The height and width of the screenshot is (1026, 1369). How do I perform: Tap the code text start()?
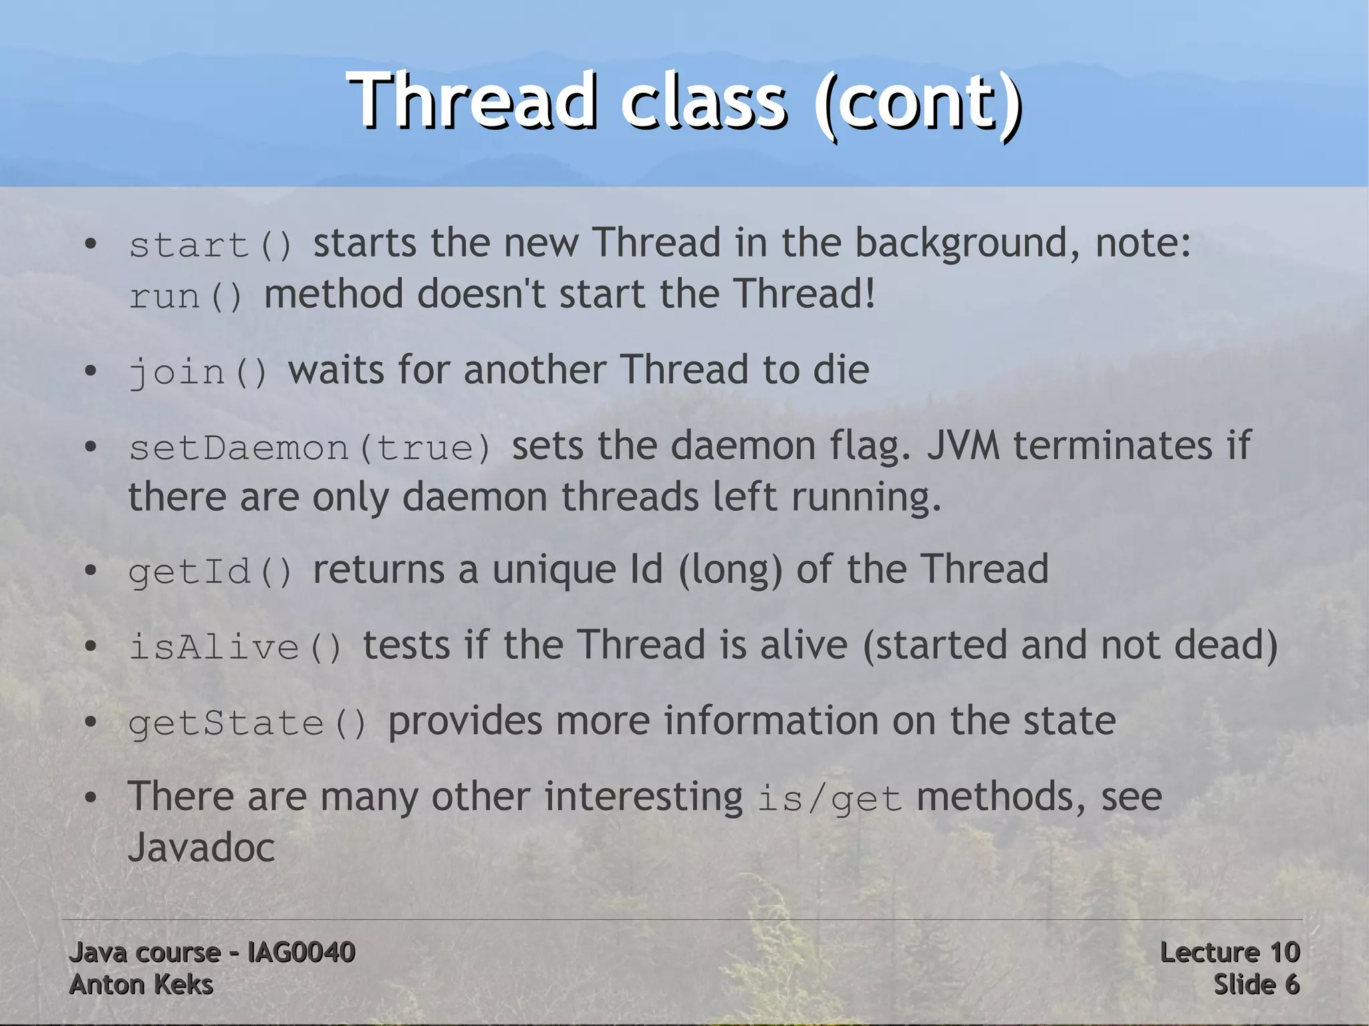tap(211, 245)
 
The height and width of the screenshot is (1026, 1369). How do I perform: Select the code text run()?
tap(186, 296)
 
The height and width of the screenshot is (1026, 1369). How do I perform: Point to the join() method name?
tap(198, 372)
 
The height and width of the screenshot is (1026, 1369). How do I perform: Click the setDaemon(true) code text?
tap(310, 447)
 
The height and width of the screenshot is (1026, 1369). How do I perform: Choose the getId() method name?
tap(211, 571)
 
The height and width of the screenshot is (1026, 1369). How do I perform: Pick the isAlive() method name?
tap(235, 647)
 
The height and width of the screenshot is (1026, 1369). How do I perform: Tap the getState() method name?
tap(247, 723)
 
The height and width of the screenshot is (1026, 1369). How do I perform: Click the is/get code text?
tap(830, 799)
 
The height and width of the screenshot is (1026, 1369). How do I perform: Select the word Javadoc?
tap(201, 848)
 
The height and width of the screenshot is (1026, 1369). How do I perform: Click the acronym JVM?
tap(963, 446)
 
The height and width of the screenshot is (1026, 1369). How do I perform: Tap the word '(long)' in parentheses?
tap(730, 570)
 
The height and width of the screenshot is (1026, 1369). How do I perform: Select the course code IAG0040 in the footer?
tap(301, 952)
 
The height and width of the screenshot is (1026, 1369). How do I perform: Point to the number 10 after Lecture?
tap(1284, 952)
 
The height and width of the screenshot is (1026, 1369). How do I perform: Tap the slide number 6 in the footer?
tap(1291, 985)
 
